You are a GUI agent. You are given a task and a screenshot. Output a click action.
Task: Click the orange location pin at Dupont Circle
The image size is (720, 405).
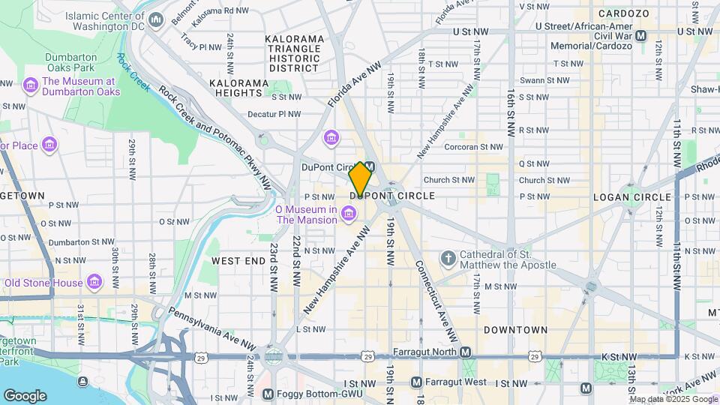click(360, 178)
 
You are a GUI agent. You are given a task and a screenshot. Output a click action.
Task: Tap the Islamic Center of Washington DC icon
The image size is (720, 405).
click(156, 19)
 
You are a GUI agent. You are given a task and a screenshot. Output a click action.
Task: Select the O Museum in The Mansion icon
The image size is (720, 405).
click(348, 214)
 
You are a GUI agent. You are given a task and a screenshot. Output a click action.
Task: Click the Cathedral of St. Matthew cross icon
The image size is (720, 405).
click(448, 259)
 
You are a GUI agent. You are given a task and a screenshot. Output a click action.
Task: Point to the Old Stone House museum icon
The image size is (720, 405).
click(94, 283)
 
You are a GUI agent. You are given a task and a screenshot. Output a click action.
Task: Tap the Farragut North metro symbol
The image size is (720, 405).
click(466, 352)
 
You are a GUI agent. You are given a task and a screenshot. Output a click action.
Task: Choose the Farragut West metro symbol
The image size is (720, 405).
click(416, 382)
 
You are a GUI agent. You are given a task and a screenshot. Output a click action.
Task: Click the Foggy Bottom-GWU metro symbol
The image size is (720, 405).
click(268, 394)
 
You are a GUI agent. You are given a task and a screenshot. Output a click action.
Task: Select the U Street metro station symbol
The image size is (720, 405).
click(641, 35)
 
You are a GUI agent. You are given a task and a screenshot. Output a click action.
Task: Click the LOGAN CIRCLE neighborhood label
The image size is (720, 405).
click(631, 196)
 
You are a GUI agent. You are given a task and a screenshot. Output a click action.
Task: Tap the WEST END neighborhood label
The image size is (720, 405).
click(238, 261)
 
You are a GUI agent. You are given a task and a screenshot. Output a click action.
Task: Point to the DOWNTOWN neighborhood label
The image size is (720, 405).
click(515, 330)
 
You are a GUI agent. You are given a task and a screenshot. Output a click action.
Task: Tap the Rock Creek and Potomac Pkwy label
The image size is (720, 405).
click(214, 136)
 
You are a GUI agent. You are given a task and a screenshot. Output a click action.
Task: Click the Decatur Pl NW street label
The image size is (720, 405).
click(274, 115)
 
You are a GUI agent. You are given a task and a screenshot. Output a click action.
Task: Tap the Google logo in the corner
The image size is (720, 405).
click(25, 396)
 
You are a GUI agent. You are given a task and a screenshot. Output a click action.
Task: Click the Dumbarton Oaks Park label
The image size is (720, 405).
click(71, 62)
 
